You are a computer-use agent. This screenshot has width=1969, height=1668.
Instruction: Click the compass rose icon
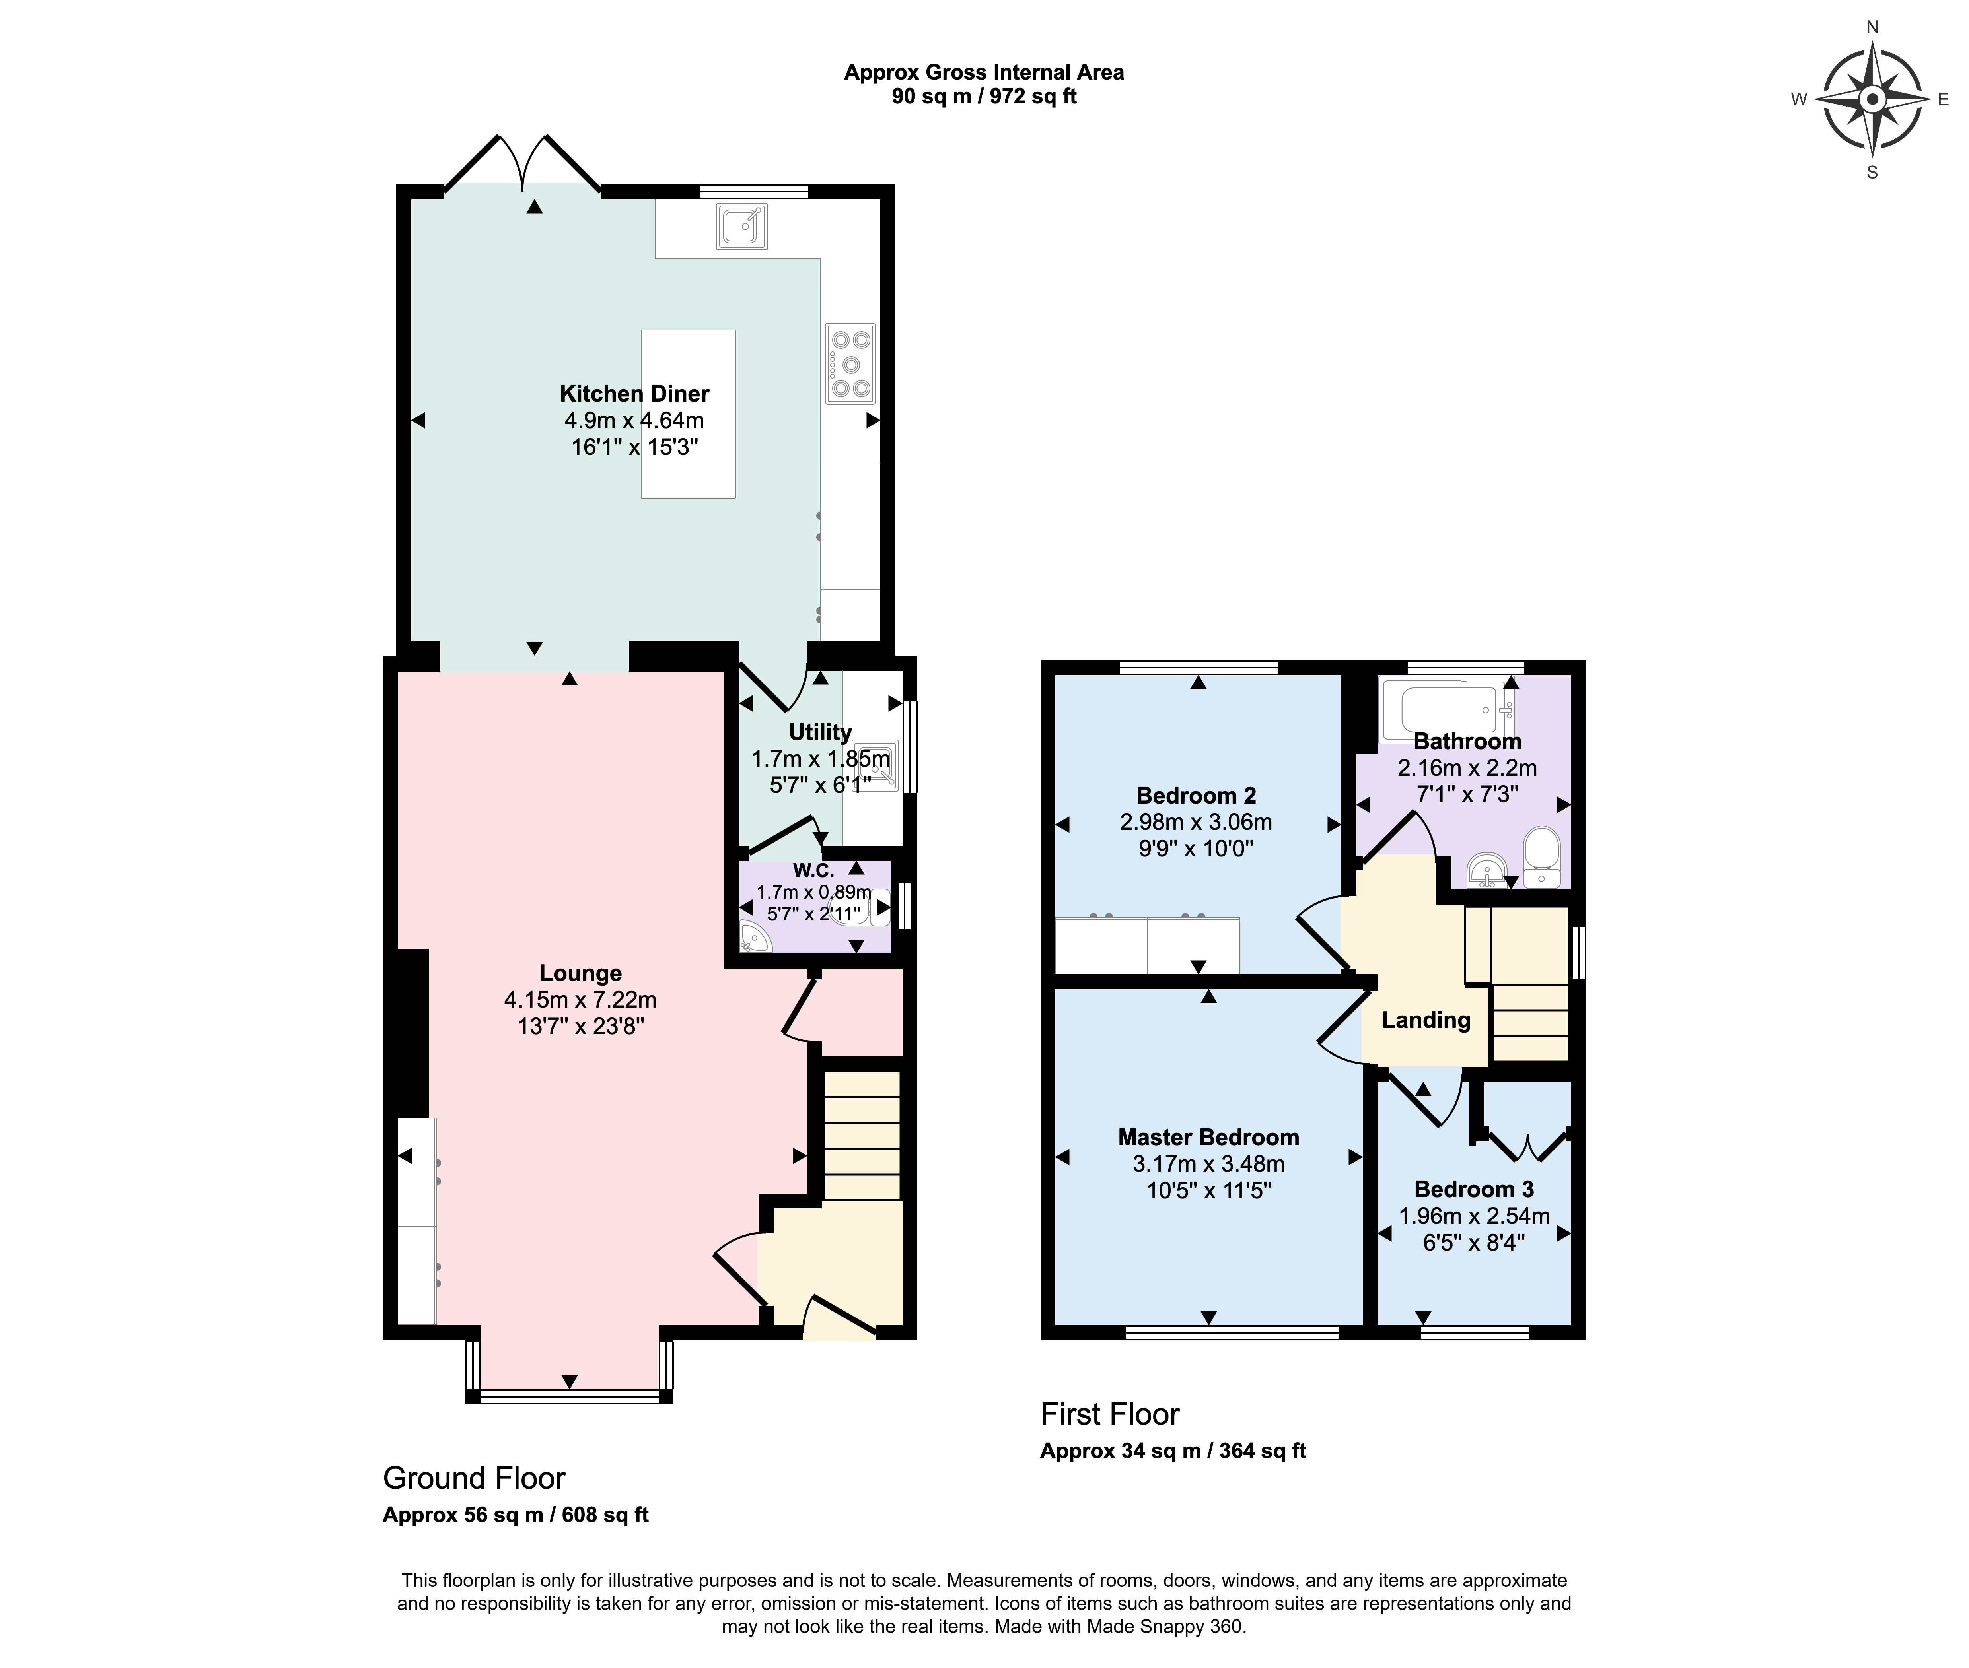[1872, 99]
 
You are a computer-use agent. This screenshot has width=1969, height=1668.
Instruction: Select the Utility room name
[820, 732]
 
